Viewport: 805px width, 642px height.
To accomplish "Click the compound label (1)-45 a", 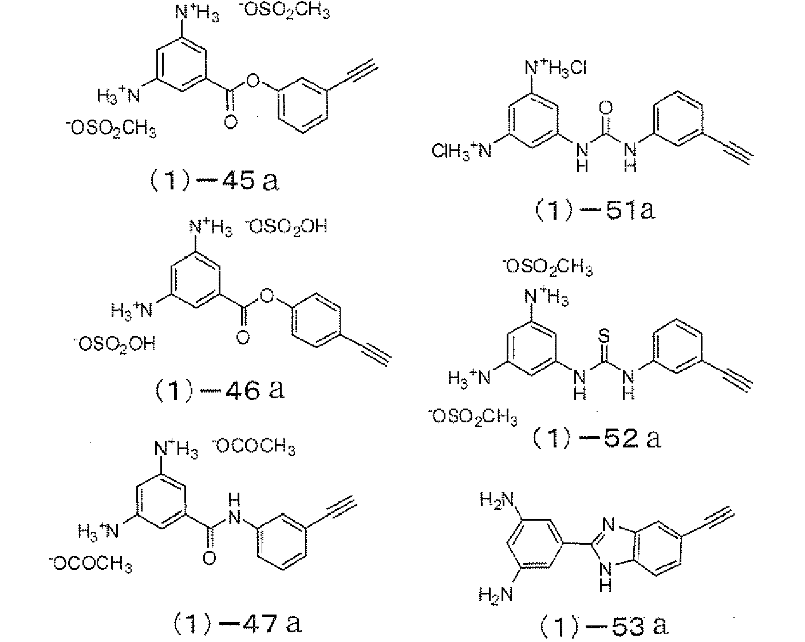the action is tap(211, 181).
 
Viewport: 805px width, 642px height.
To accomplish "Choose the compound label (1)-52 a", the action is tap(596, 438).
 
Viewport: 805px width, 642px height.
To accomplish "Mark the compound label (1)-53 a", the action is tap(603, 625).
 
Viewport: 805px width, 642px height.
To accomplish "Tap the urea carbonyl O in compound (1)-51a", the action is tap(606, 107).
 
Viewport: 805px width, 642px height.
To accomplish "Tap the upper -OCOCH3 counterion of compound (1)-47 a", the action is tap(254, 446).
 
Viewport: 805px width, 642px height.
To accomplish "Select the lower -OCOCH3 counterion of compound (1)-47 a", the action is tap(91, 565).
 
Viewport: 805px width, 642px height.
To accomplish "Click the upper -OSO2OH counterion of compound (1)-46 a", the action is tap(286, 227).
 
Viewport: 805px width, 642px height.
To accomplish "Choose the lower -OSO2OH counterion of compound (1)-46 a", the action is tap(115, 344).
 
